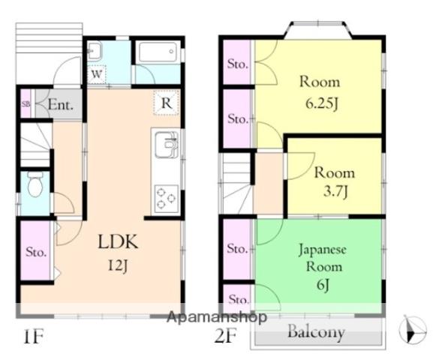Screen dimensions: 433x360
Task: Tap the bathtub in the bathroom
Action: point(158,52)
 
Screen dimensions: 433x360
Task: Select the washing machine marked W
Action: point(97,74)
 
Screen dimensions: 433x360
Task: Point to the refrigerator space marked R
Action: point(167,103)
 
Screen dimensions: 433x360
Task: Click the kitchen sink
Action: point(167,145)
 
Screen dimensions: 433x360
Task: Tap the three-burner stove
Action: point(167,197)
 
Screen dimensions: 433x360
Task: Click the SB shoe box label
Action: point(26,104)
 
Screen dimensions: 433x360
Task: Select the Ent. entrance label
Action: point(61,105)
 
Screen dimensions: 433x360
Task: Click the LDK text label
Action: point(118,241)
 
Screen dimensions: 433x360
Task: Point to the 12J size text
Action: point(118,265)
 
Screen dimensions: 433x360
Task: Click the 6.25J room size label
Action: point(322,103)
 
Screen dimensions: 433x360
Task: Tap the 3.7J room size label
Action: point(335,191)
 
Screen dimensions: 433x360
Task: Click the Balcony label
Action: point(316,331)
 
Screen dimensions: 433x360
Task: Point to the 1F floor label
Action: point(34,337)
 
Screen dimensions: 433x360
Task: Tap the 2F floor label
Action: point(226,336)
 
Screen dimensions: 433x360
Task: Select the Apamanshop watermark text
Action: point(217,317)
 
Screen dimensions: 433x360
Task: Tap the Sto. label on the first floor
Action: point(36,252)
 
